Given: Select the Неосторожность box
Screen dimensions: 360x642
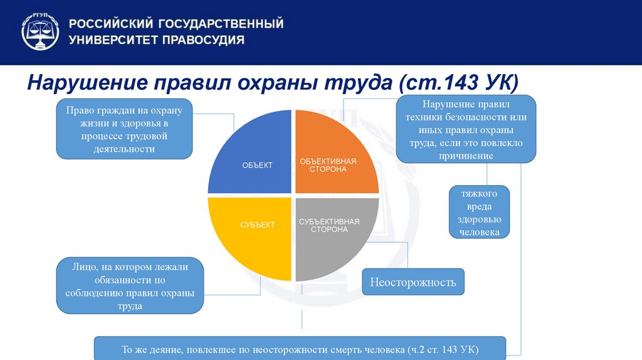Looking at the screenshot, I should pos(413,282).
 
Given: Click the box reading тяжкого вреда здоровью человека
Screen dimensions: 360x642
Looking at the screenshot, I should pos(479,212).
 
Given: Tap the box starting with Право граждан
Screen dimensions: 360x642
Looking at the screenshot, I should pos(124,129).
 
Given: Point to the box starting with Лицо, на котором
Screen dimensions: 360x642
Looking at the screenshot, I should pos(130,286).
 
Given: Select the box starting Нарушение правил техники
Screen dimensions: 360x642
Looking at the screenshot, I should pos(466,129).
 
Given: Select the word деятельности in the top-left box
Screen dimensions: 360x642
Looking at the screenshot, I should pos(124,149).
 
